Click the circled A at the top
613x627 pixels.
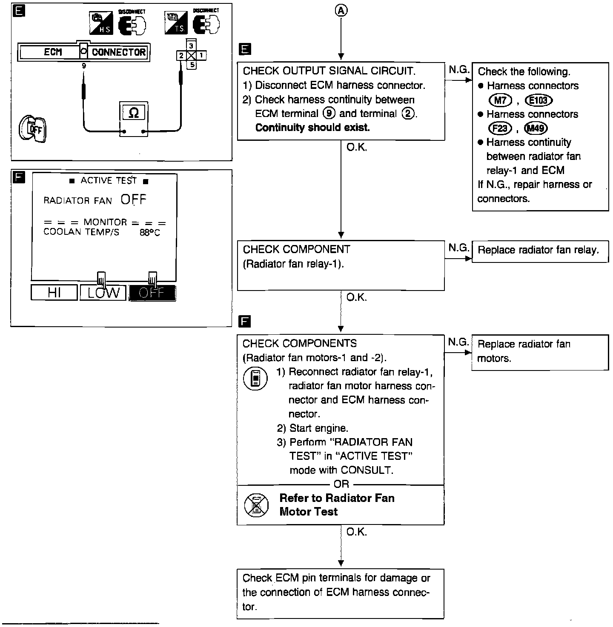point(341,11)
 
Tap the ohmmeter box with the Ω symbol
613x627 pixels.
point(133,113)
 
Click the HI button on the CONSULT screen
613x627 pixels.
point(54,293)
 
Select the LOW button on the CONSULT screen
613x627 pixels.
point(103,293)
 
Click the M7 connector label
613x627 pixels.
point(500,100)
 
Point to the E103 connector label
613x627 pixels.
point(539,100)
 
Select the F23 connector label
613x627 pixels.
point(500,128)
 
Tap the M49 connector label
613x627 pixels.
point(536,128)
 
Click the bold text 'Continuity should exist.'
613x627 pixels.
point(312,128)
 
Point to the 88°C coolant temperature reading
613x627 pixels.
point(150,233)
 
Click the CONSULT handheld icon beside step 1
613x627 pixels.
point(255,379)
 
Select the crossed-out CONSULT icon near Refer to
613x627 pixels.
point(256,505)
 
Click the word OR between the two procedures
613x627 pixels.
point(341,484)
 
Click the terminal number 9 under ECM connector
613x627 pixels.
point(84,66)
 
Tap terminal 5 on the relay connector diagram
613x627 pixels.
point(192,65)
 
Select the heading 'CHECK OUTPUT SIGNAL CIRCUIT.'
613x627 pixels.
point(329,71)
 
